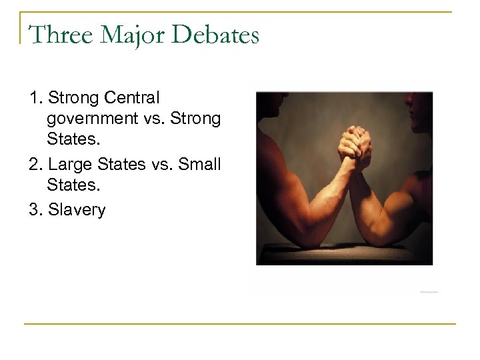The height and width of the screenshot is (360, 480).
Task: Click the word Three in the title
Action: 57,35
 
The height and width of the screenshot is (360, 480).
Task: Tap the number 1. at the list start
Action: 36,99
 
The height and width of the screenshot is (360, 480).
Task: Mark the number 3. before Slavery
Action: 36,210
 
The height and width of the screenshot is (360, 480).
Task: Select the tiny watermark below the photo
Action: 430,291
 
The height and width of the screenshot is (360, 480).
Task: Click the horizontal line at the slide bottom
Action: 240,324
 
